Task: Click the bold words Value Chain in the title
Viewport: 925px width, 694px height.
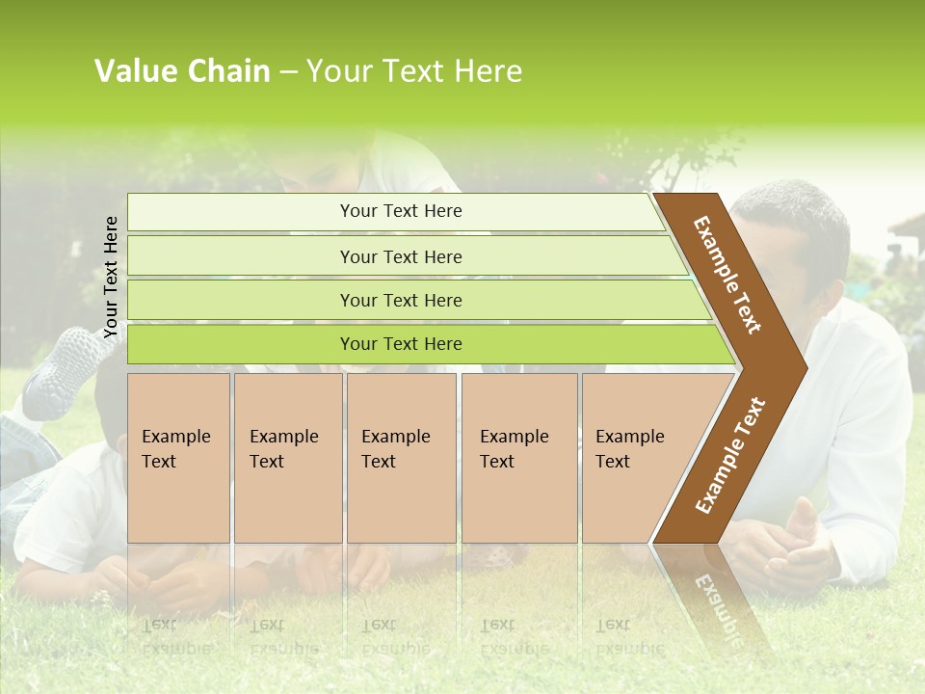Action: point(182,71)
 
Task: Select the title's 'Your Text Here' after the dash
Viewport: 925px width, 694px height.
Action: point(414,71)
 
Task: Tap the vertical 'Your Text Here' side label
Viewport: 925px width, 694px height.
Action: point(111,277)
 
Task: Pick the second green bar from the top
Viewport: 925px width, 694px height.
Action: point(401,256)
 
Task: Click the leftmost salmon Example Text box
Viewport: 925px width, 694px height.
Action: point(178,458)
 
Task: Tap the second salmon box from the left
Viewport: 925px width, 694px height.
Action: point(288,458)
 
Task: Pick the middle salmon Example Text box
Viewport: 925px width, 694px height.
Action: point(401,458)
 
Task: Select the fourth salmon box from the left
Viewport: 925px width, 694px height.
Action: point(519,458)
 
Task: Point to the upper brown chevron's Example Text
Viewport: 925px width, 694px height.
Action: point(727,275)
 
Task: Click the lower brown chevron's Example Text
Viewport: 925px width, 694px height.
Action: point(730,456)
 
